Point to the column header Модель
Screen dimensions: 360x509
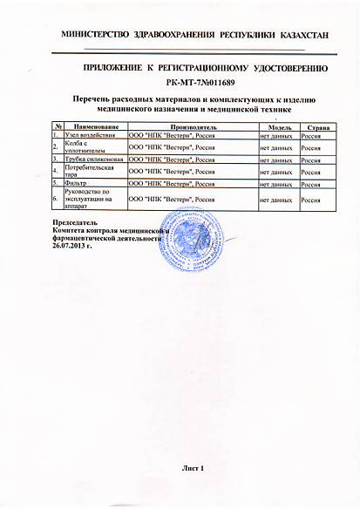point(277,127)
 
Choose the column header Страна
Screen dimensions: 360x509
point(317,127)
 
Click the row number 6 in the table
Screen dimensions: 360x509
point(56,200)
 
